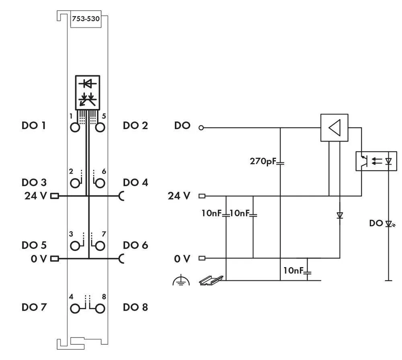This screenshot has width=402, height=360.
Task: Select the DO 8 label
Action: click(135, 307)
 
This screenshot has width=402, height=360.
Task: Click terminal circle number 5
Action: click(100, 128)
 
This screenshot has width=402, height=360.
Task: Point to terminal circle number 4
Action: click(75, 309)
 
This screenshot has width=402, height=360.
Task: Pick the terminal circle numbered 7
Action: click(100, 245)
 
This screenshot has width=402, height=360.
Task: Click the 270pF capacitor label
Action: click(263, 162)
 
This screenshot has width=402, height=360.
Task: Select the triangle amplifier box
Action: click(334, 128)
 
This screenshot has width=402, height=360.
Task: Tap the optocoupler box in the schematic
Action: click(376, 161)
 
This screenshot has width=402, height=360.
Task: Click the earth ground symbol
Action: click(181, 280)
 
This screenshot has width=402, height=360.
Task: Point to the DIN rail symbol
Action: click(210, 280)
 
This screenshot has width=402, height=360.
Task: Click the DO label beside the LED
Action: click(376, 223)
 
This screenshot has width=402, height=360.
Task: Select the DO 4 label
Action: click(135, 183)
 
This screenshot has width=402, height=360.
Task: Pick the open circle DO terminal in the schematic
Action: click(201, 128)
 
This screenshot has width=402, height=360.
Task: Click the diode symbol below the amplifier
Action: click(340, 216)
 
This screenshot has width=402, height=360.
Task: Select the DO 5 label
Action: click(34, 245)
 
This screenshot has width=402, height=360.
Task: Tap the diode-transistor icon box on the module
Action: click(87, 91)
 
